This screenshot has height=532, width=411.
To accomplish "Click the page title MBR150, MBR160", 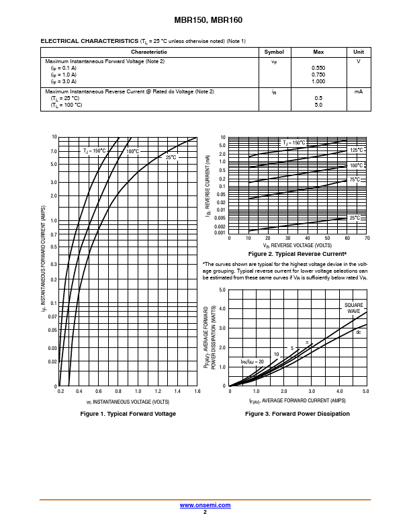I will click(x=205, y=20).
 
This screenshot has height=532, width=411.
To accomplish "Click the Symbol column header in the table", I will click(x=274, y=52).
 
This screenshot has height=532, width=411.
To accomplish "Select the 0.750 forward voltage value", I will click(x=318, y=75).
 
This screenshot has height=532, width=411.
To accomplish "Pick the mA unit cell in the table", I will click(x=359, y=91).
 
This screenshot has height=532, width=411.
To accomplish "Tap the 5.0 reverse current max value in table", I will click(x=318, y=105).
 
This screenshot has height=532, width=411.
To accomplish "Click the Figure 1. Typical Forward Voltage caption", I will click(x=128, y=414).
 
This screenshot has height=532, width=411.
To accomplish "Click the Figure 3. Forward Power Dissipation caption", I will click(x=298, y=414).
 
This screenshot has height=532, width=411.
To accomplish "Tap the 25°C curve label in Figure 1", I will click(x=171, y=157).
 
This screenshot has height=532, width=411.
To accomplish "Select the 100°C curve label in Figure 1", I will click(x=132, y=151).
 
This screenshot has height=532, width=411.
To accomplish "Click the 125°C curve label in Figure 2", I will click(x=356, y=150).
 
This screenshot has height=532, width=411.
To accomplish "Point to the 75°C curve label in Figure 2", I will click(x=355, y=179).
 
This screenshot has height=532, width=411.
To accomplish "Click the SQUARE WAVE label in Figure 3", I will click(x=353, y=308).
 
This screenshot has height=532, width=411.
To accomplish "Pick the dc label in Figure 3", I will click(x=359, y=332).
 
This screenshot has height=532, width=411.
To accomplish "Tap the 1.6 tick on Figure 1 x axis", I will click(x=197, y=391).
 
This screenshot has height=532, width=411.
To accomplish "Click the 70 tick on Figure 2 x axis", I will click(x=367, y=238).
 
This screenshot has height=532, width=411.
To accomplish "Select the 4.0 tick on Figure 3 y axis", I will click(x=222, y=309).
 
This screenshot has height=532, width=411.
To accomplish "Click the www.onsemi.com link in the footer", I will click(x=205, y=505).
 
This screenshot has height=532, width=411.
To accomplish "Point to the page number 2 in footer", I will click(x=205, y=512).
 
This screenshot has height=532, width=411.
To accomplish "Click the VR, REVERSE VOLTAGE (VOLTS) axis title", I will click(x=296, y=246).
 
